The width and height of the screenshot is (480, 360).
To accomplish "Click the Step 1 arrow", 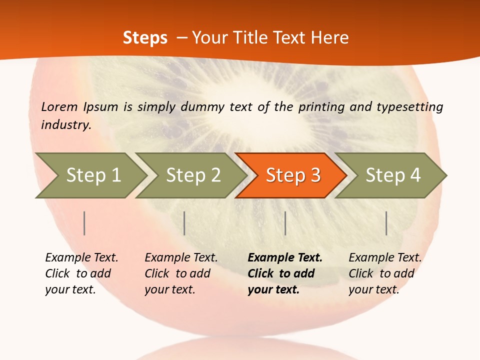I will coord(92,175).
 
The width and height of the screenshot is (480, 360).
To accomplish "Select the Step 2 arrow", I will coord(192,175).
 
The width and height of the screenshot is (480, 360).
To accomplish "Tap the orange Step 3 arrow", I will coord(292,175).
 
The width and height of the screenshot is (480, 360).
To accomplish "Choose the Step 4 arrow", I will coord(392,175).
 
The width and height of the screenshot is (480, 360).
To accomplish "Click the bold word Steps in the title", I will coord(145,38).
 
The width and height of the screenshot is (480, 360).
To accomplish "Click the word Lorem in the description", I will coord(59,106).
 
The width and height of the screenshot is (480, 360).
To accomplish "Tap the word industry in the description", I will coord(66,124).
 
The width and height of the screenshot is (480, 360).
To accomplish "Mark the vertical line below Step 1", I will coord(84,223).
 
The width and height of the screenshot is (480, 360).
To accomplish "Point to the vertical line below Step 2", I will coord(184,223).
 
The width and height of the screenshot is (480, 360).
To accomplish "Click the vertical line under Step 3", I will coord(285,223).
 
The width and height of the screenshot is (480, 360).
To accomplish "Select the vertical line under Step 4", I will coord(386,223).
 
